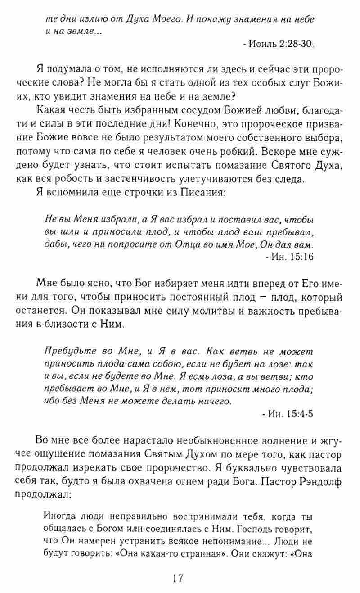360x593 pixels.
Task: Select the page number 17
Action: (x=179, y=578)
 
